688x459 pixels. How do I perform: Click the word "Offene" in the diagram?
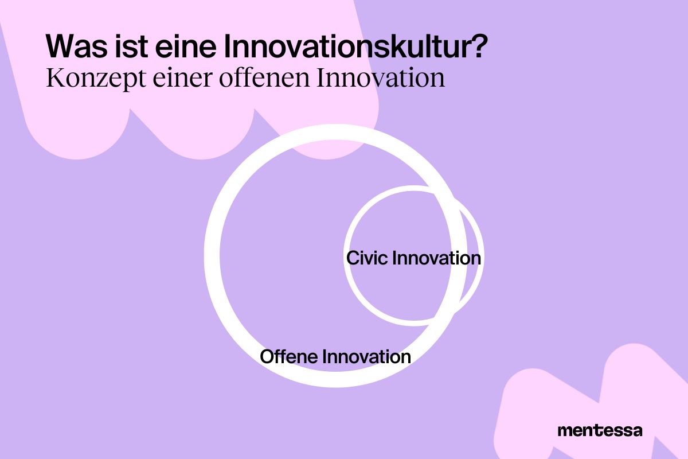pos(290,356)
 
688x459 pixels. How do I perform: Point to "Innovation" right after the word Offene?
pos(367,356)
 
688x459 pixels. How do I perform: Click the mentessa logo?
pos(600,430)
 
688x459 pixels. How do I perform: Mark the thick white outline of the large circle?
pos(212,255)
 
